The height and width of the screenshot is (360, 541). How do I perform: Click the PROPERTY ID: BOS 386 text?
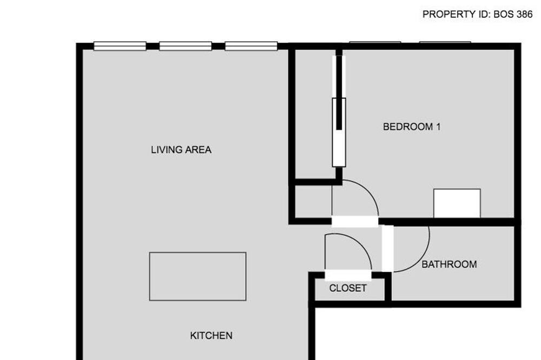tap(478, 14)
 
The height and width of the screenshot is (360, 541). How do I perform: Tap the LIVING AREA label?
tap(181, 150)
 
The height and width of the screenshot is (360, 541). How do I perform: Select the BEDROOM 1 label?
tap(412, 126)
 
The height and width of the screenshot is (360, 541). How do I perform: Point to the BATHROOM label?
tap(449, 264)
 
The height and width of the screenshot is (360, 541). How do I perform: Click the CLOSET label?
tap(348, 288)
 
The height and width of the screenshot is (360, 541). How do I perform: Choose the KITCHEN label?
tap(211, 335)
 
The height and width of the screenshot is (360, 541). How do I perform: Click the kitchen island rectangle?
tap(197, 276)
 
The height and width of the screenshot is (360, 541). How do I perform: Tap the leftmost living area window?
tap(120, 46)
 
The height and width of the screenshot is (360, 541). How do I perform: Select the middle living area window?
tap(185, 46)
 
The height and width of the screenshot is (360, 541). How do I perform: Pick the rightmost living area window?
tap(251, 46)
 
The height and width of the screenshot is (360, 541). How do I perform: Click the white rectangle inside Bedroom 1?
tap(457, 203)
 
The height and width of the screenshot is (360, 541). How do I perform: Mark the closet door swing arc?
tap(359, 241)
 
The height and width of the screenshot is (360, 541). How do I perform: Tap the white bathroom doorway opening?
tap(387, 248)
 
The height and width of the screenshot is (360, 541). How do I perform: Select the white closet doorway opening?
tap(348, 275)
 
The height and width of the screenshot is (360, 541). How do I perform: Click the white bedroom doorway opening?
tap(355, 222)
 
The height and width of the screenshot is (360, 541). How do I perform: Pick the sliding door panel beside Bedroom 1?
tap(339, 132)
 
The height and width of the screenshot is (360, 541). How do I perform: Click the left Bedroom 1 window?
tap(375, 42)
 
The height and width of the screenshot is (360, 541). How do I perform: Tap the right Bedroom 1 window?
tap(445, 42)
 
